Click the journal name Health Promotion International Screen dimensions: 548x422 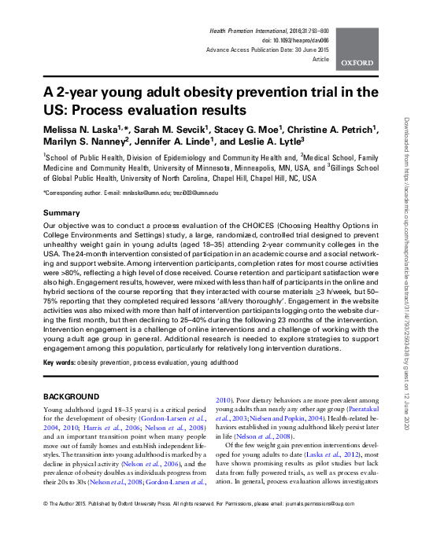point(251,28)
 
